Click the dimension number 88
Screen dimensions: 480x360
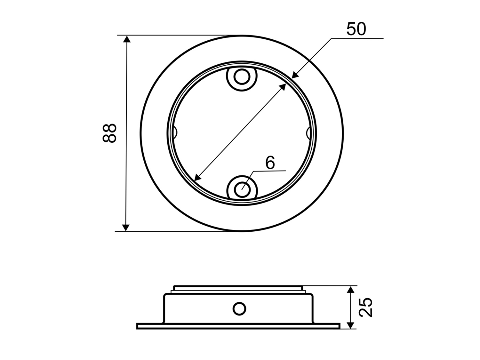pos(109,133)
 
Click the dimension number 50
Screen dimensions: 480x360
pos(356,29)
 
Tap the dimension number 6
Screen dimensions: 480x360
pos(270,163)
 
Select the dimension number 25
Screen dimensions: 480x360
pos(365,307)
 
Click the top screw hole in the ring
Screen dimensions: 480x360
pos(242,76)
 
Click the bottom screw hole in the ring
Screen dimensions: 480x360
pos(242,190)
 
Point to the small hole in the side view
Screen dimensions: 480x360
pos(239,309)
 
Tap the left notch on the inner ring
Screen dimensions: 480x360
pos(175,132)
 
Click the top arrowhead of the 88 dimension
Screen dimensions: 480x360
pos(127,39)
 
